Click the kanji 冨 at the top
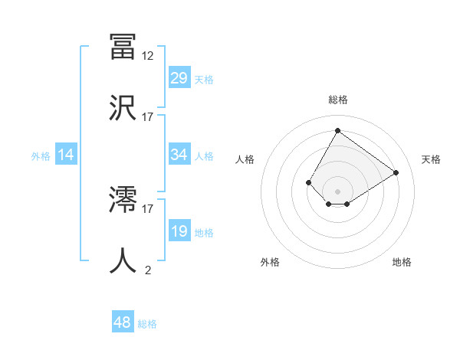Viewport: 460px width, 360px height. point(123,47)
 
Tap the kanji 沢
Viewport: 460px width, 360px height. point(123,107)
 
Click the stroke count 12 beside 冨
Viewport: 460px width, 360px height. point(148,56)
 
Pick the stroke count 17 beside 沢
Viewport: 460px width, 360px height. point(148,116)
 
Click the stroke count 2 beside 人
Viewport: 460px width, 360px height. point(148,270)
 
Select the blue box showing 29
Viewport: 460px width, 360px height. point(179,78)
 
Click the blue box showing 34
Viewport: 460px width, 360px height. point(179,155)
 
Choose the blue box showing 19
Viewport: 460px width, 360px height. point(179,231)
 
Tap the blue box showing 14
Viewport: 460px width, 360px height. point(66,155)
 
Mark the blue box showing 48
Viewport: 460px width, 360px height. point(123,322)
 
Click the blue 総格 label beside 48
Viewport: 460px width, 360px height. point(147,324)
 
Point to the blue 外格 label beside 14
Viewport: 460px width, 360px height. point(41,155)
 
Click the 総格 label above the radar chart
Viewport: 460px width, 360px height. point(337,100)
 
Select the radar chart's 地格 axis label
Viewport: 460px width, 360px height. point(402,263)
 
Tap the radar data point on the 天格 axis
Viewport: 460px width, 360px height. point(396,172)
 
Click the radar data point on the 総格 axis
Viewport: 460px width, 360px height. point(337,130)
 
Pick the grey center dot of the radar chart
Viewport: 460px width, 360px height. point(337,191)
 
